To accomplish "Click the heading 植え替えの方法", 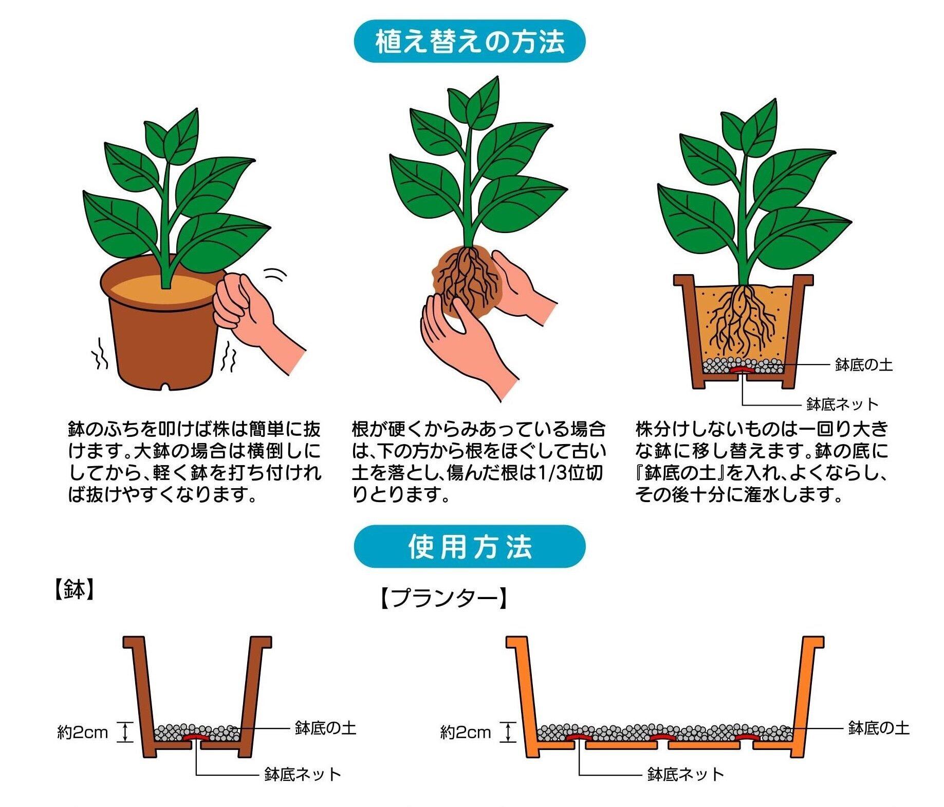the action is coord(470,42).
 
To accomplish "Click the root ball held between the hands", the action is coord(467,282).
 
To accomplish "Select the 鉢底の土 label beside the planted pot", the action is coord(863,365).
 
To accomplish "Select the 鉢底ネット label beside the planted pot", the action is coord(843,405).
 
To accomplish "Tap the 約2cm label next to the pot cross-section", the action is coord(82,732).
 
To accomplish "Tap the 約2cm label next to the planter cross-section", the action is coord(466,732).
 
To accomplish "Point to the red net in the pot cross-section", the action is coord(196,737).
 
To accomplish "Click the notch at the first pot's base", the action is coord(165,385).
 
